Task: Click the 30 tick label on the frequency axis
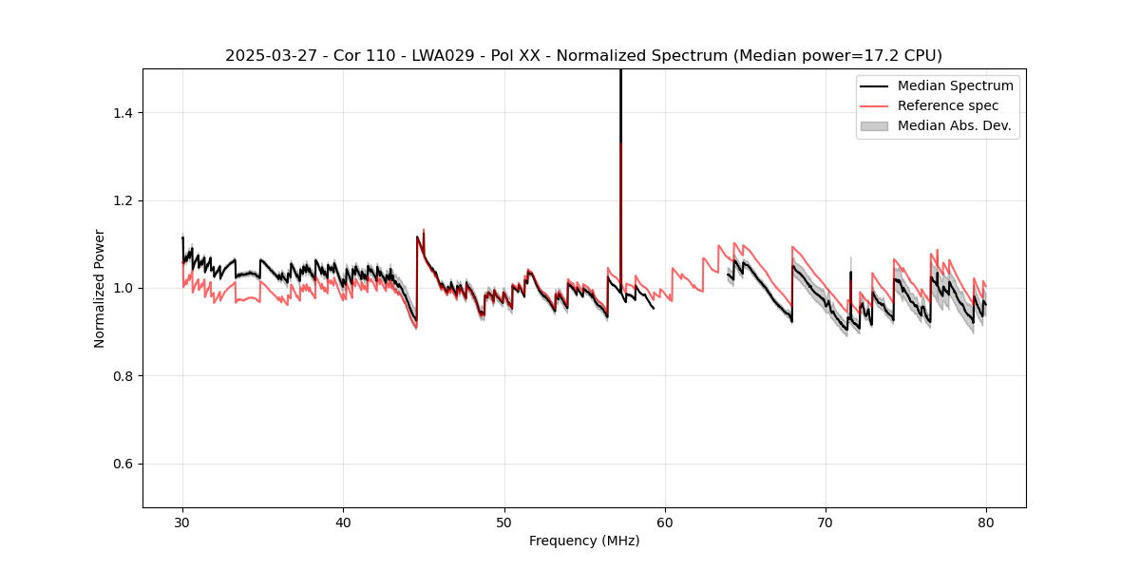182,522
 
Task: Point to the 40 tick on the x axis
343,522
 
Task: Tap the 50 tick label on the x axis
504,522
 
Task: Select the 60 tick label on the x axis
665,522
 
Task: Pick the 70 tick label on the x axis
826,522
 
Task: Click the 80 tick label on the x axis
986,522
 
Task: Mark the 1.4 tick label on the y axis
123,113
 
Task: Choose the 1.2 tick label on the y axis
123,200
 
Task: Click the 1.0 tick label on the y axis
123,288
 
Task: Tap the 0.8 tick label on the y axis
123,376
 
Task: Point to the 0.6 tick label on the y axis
123,464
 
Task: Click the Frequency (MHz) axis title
584,541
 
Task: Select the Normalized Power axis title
100,288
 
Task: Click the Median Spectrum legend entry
955,85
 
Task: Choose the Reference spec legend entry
948,105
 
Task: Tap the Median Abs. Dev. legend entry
954,125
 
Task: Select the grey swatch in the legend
874,125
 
